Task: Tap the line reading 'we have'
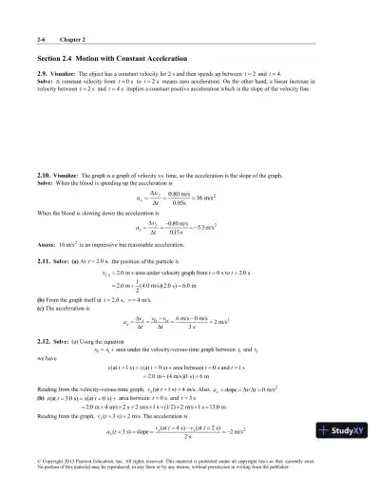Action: pyautogui.click(x=47, y=360)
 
